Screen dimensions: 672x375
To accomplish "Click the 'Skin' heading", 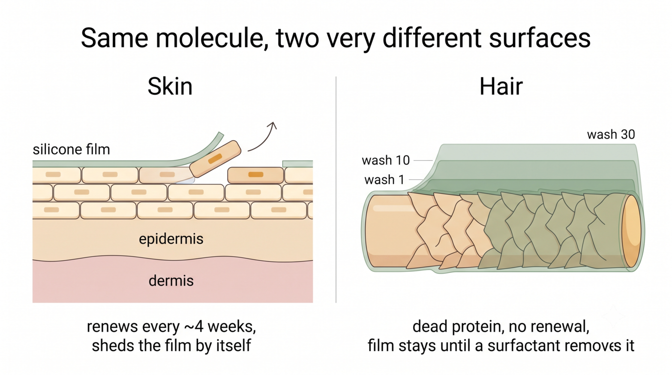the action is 170,86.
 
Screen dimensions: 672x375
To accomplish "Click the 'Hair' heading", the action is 501,86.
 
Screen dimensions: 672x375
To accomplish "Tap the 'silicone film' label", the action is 71,149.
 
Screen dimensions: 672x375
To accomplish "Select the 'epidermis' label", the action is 171,239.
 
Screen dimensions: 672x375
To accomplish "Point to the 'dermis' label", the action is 171,281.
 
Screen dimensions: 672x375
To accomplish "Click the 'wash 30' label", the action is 611,134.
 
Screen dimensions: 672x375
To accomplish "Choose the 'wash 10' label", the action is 386,161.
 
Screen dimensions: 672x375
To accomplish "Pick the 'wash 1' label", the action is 384,180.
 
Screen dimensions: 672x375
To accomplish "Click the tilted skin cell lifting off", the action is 215,159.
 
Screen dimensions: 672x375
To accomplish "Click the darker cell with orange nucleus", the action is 255,175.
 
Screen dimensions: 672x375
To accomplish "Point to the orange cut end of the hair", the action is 631,231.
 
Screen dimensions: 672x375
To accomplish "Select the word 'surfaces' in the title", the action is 540,38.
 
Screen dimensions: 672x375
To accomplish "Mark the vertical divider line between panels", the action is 336,189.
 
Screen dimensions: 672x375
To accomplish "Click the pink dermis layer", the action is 172,280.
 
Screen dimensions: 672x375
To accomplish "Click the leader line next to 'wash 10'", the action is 423,161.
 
